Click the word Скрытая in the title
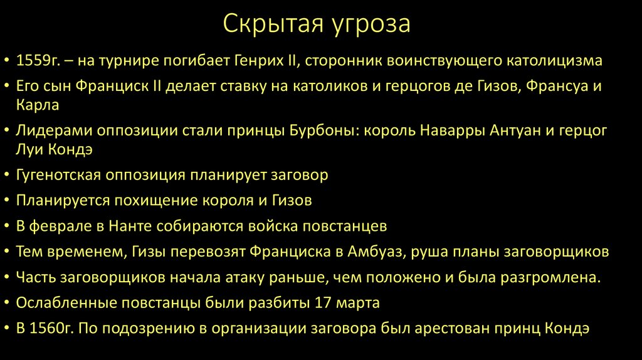[271, 25]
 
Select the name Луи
[29, 149]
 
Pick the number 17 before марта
[322, 304]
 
